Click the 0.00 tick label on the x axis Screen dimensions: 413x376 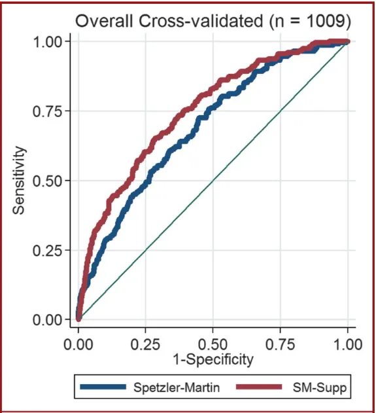78,342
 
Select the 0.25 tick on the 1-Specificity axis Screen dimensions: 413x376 146,342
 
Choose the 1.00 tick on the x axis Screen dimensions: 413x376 347,342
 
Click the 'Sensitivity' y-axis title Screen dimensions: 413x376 20,181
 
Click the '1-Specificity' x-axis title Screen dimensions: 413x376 213,359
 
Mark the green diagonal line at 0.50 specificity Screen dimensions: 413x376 213,181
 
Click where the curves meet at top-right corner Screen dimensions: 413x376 347,42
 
